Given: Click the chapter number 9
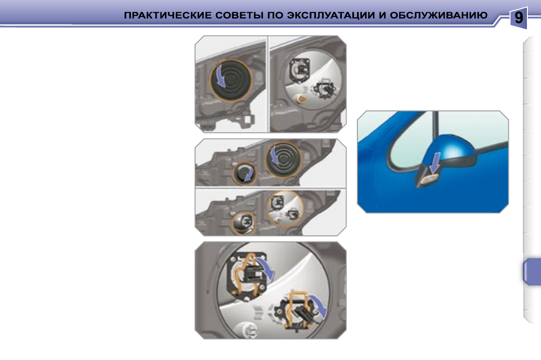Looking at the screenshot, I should (518, 18).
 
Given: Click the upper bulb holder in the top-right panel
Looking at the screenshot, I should (299, 70).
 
